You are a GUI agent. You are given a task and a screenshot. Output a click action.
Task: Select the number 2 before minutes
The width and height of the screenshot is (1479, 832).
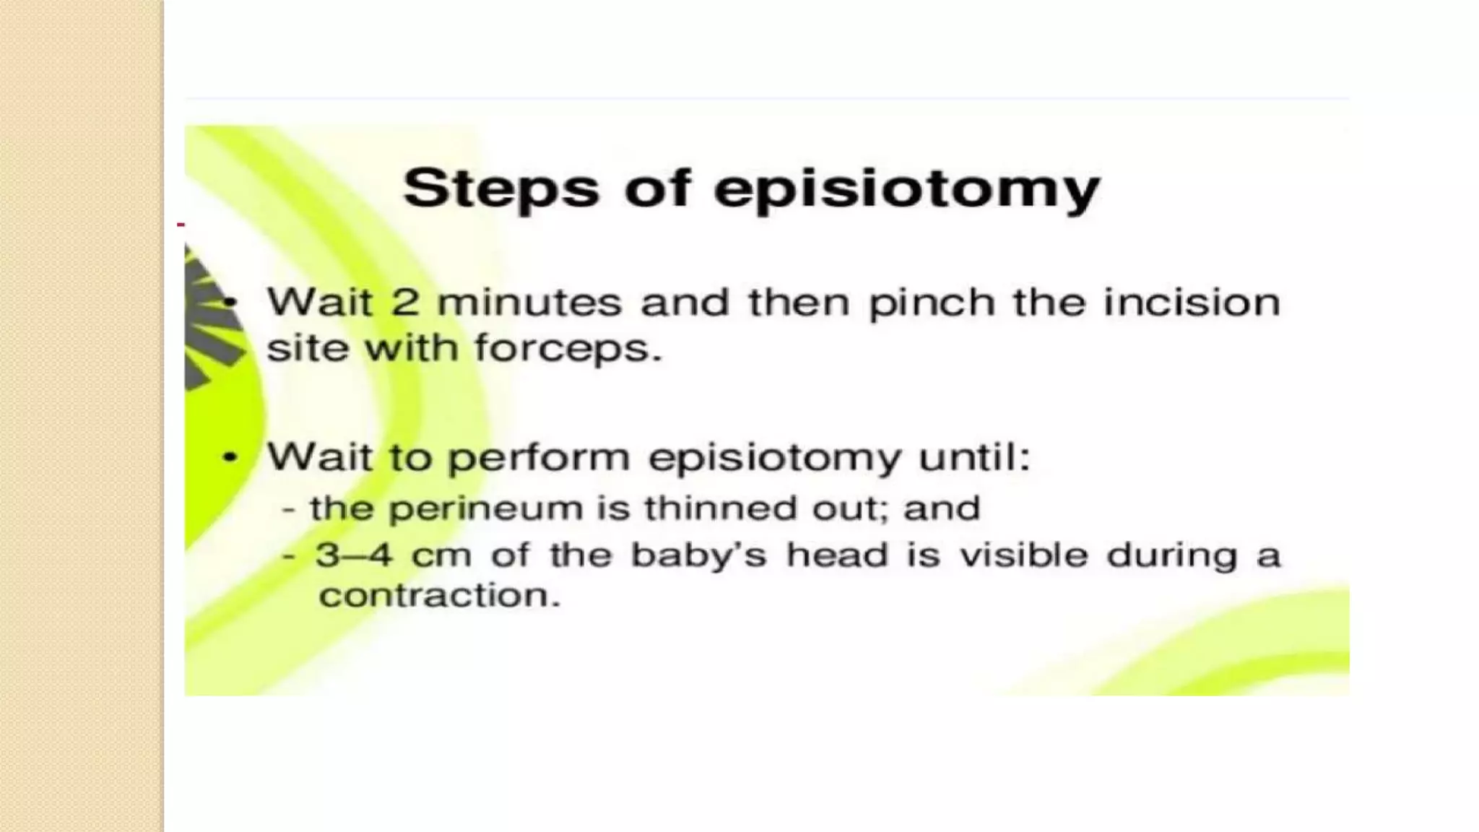405,302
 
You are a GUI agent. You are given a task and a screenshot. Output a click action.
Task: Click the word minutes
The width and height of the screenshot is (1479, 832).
529,302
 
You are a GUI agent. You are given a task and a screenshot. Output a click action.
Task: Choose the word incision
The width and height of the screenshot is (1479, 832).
1192,302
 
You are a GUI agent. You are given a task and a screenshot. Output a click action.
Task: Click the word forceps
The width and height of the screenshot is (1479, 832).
568,350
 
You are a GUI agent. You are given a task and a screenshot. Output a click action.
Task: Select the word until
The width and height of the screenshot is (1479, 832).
974,456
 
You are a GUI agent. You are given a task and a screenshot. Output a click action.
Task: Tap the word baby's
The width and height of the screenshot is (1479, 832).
698,555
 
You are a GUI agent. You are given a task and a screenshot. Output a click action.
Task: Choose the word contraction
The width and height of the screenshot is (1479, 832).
439,596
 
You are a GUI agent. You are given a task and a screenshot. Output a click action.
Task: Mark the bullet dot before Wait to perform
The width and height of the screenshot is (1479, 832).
230,457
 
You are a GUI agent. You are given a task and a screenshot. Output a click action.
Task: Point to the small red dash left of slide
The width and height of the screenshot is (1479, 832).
181,225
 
